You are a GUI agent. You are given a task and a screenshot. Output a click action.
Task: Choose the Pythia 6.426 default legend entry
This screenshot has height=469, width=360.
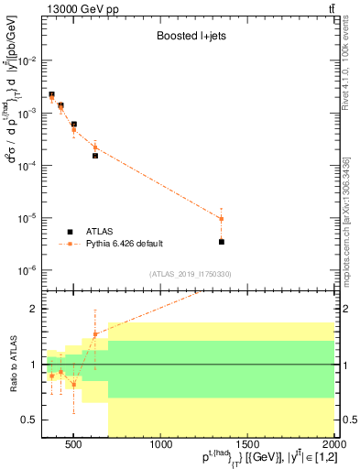click(x=124, y=244)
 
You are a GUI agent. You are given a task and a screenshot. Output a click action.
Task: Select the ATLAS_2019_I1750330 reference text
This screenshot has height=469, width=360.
click(x=191, y=274)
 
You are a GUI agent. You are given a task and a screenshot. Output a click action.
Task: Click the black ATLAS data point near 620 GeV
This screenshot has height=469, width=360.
click(x=95, y=156)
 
